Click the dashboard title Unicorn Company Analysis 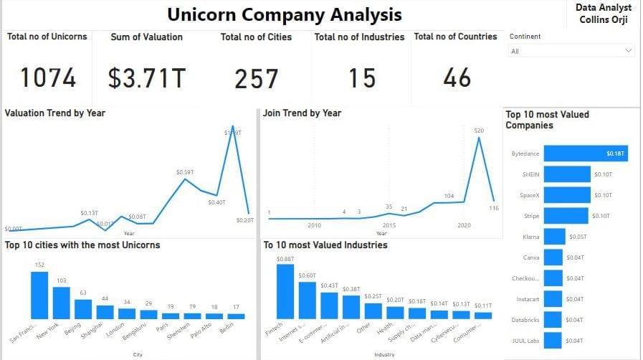coord(285,14)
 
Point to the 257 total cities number coord(257,78)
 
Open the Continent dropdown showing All coord(571,51)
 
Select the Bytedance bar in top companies coord(585,153)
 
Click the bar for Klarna coord(554,237)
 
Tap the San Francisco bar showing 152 coord(39,295)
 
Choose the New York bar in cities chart coord(62,303)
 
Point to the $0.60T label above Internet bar coord(307,275)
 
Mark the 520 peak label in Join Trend coord(479,131)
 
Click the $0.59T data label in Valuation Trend coord(184,172)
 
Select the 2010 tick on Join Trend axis coord(314,225)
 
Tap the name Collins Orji coord(604,19)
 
